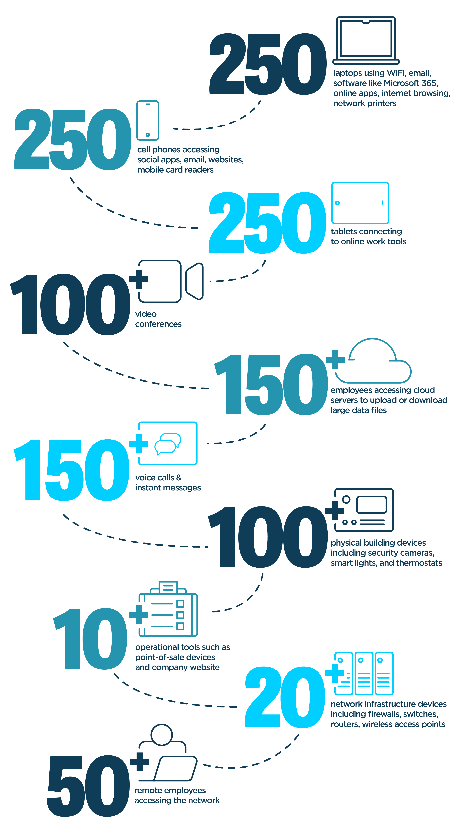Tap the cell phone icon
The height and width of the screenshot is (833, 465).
pyautogui.click(x=148, y=120)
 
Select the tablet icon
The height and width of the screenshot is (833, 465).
pyautogui.click(x=360, y=203)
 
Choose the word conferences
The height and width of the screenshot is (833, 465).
pyautogui.click(x=158, y=324)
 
